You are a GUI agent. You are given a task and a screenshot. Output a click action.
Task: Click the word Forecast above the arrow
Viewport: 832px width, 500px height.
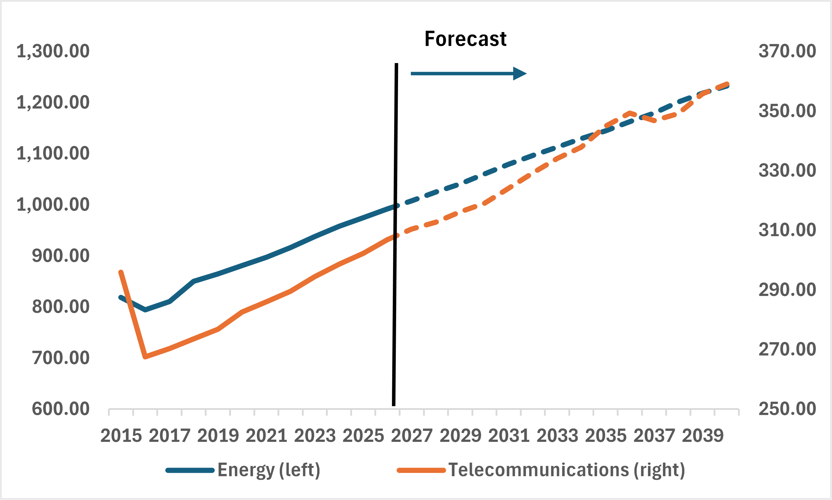click(465, 39)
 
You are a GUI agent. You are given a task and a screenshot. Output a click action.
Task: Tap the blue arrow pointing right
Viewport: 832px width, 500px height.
click(468, 73)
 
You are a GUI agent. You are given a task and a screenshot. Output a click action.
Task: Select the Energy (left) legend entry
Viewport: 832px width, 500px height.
click(243, 470)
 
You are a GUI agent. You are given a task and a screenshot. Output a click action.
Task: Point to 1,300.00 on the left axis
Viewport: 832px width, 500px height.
click(53, 51)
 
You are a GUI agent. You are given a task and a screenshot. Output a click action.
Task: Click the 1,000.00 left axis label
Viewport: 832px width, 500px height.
click(53, 205)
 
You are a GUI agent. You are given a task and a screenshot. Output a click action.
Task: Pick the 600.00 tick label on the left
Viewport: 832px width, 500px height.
click(61, 409)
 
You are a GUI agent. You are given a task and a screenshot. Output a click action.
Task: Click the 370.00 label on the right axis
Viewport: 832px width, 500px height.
click(787, 51)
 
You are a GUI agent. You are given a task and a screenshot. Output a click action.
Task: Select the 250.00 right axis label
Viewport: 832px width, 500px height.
click(787, 409)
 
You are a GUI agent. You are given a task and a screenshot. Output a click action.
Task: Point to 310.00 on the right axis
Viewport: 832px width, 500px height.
click(787, 230)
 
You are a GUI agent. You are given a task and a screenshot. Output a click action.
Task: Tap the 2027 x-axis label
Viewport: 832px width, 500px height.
click(412, 436)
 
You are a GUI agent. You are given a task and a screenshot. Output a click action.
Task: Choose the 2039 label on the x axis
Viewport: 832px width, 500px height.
click(703, 436)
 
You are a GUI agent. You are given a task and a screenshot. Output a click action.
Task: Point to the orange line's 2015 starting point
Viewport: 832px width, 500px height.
click(121, 272)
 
